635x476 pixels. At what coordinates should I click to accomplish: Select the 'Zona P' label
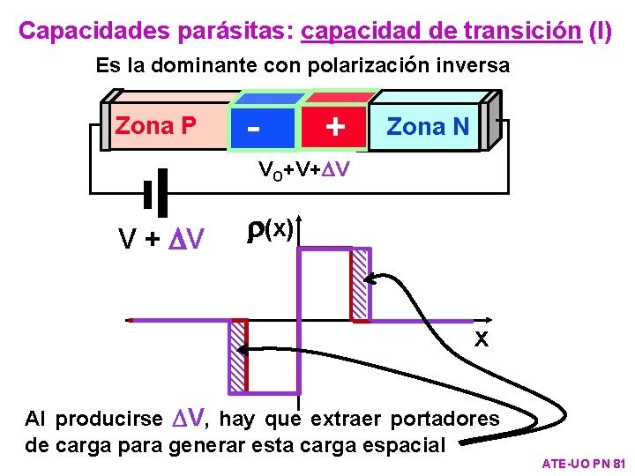pyautogui.click(x=156, y=126)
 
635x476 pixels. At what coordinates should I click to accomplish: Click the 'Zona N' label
pyautogui.click(x=428, y=127)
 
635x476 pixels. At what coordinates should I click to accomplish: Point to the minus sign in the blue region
pyautogui.click(x=254, y=126)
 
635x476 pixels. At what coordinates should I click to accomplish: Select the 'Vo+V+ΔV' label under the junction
pyautogui.click(x=304, y=169)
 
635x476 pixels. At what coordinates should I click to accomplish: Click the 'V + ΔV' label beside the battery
pyautogui.click(x=161, y=238)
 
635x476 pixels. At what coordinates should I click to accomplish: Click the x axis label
pyautogui.click(x=482, y=338)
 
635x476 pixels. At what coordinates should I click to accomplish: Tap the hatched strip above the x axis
pyautogui.click(x=360, y=285)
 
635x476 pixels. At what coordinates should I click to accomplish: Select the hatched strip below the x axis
pyautogui.click(x=237, y=356)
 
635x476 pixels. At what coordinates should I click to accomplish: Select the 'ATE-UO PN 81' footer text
pyautogui.click(x=583, y=463)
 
